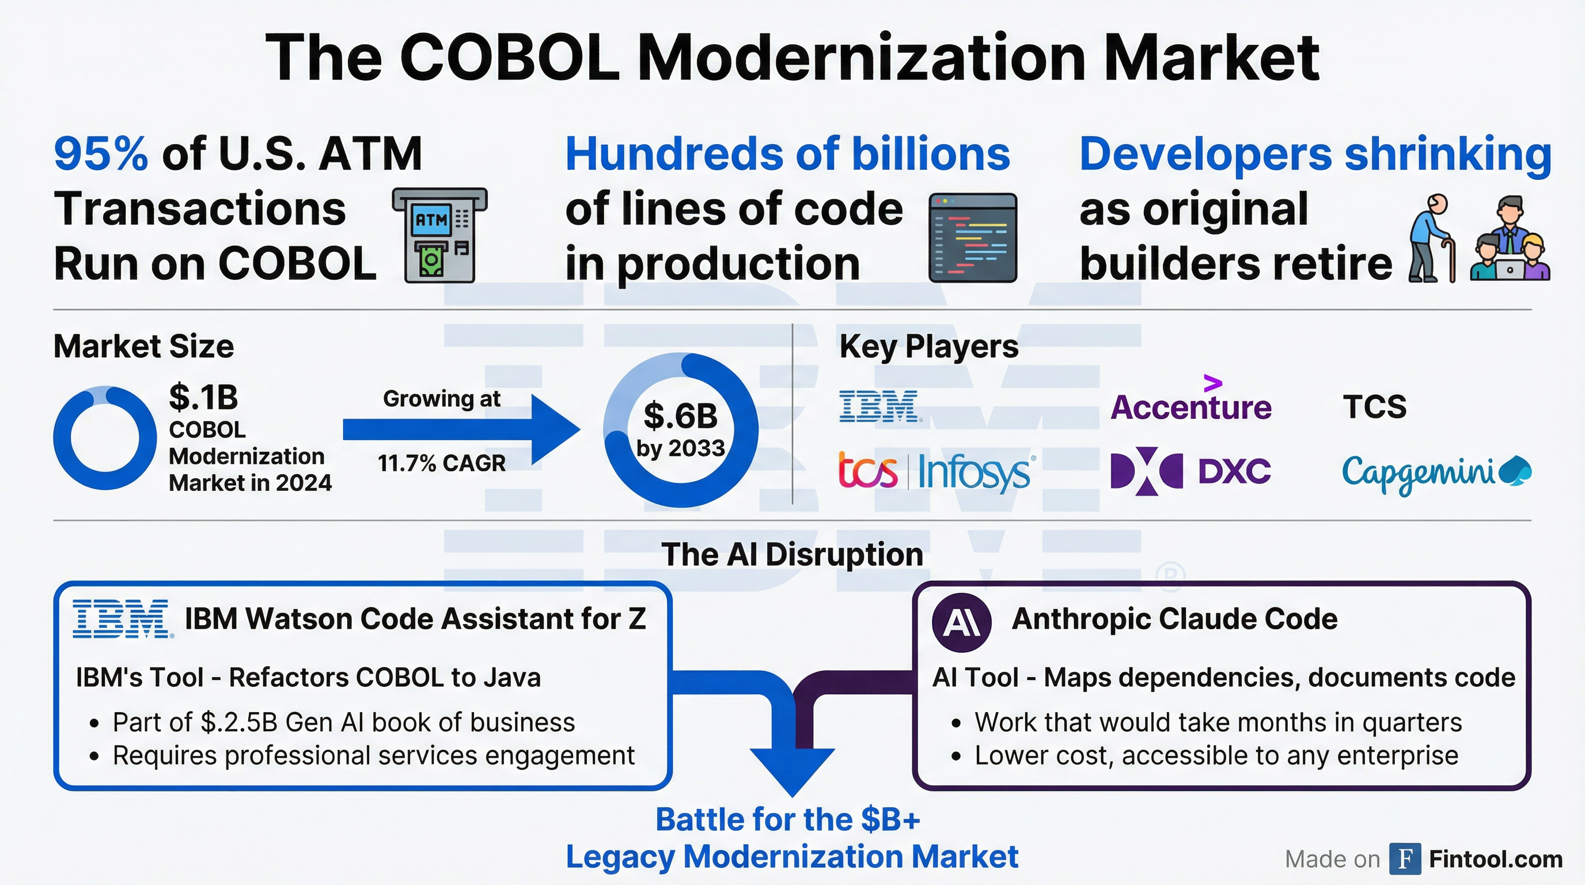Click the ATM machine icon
click(439, 235)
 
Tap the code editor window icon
click(972, 237)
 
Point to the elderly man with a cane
click(1432, 239)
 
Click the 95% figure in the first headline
click(101, 154)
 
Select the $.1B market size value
click(203, 397)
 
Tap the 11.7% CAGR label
click(441, 463)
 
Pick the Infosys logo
click(976, 472)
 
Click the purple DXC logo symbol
click(1146, 471)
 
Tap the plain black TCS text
click(1375, 407)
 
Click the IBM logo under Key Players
click(880, 406)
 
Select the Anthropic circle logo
click(961, 622)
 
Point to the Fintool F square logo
click(1405, 858)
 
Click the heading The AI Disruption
click(792, 554)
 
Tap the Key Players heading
click(928, 346)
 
